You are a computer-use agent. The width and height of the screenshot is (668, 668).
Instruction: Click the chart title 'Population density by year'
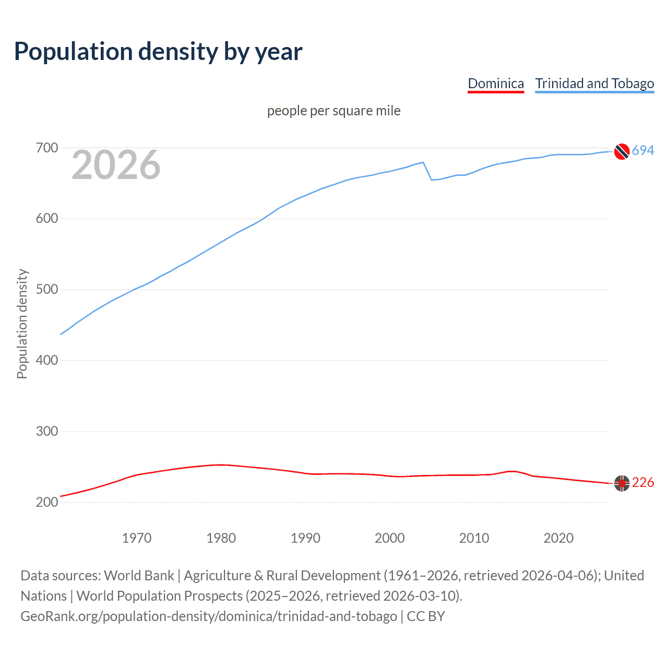click(x=158, y=52)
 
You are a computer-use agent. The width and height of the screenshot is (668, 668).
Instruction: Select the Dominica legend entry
click(x=495, y=83)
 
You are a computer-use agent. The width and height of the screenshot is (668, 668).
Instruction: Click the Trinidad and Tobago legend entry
click(x=594, y=83)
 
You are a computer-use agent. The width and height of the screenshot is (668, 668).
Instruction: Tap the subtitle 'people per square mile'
click(x=333, y=111)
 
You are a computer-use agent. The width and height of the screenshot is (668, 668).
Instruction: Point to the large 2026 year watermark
click(x=116, y=165)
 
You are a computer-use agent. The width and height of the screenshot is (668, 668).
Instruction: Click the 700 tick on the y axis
click(x=46, y=148)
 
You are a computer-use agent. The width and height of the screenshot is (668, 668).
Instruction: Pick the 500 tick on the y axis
click(x=46, y=290)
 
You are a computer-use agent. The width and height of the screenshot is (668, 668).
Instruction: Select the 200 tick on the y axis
click(x=46, y=502)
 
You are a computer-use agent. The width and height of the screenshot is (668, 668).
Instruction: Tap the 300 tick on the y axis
click(x=46, y=432)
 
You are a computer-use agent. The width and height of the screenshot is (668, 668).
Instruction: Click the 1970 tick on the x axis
click(x=137, y=538)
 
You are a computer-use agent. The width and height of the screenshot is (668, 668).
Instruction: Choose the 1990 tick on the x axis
click(x=305, y=538)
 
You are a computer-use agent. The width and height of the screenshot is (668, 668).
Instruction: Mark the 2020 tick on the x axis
click(x=558, y=538)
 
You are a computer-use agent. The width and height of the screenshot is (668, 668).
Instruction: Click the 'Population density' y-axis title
click(x=22, y=324)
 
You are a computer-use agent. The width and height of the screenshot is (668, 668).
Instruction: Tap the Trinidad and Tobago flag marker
click(x=622, y=151)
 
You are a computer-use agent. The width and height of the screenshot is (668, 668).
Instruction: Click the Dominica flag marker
click(x=622, y=483)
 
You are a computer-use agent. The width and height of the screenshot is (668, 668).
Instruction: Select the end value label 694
click(x=643, y=151)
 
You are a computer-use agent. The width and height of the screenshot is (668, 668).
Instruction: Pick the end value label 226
click(x=643, y=483)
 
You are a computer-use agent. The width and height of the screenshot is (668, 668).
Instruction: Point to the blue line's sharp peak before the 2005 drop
click(x=423, y=162)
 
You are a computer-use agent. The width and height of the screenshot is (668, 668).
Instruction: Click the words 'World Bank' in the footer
click(x=139, y=576)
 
